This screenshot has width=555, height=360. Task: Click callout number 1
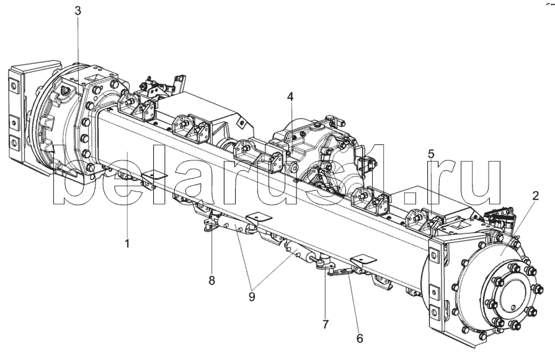[x=127, y=244]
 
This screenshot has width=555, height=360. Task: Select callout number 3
[x=77, y=12]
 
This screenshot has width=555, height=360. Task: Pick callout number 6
[x=360, y=338]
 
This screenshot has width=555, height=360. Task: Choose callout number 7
[x=326, y=323]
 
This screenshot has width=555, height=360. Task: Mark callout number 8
[x=211, y=280]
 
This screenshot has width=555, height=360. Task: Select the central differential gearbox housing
[x=322, y=149]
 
